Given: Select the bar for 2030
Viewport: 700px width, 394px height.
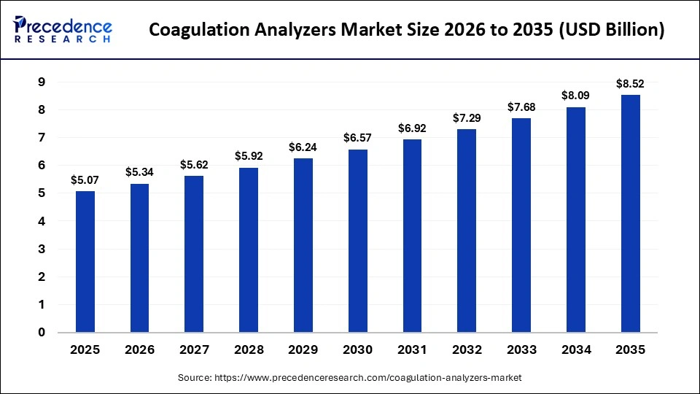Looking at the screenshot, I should tap(358, 241).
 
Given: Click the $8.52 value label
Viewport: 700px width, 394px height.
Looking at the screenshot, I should tap(631, 83).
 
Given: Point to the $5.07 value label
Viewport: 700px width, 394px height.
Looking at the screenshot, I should tap(85, 179).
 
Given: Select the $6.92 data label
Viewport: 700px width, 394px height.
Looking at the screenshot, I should tap(413, 128).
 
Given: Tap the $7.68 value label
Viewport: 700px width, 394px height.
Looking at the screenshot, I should tap(521, 107).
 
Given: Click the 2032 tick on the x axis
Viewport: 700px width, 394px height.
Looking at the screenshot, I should tap(467, 350).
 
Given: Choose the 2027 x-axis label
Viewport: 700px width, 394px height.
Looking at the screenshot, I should tap(194, 350).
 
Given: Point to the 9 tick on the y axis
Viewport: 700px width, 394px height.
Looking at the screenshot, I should tap(42, 82).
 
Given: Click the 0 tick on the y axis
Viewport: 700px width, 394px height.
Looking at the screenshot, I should tap(42, 333).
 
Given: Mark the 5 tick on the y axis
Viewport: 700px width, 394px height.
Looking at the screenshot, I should tap(42, 193).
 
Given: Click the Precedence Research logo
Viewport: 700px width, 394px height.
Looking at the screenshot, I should tap(63, 29).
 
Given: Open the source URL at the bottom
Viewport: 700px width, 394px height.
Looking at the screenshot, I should tap(350, 377).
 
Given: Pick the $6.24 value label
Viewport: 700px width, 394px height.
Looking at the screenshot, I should tap(303, 147).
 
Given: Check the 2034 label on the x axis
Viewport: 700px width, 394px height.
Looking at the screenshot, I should tap(576, 350).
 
